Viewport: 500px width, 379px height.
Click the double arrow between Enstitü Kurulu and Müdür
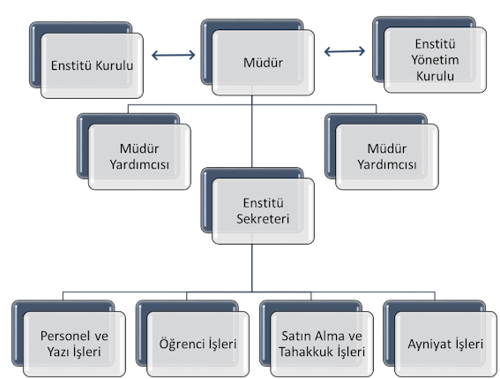click(x=173, y=55)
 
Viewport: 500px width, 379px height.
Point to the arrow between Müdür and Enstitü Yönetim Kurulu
click(x=345, y=51)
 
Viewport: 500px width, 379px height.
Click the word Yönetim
click(x=435, y=60)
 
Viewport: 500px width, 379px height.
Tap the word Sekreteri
click(x=263, y=219)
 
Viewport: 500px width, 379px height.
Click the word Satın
click(x=295, y=336)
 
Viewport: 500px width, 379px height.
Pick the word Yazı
click(x=58, y=352)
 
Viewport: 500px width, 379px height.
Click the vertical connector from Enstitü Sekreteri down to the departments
click(x=252, y=268)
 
